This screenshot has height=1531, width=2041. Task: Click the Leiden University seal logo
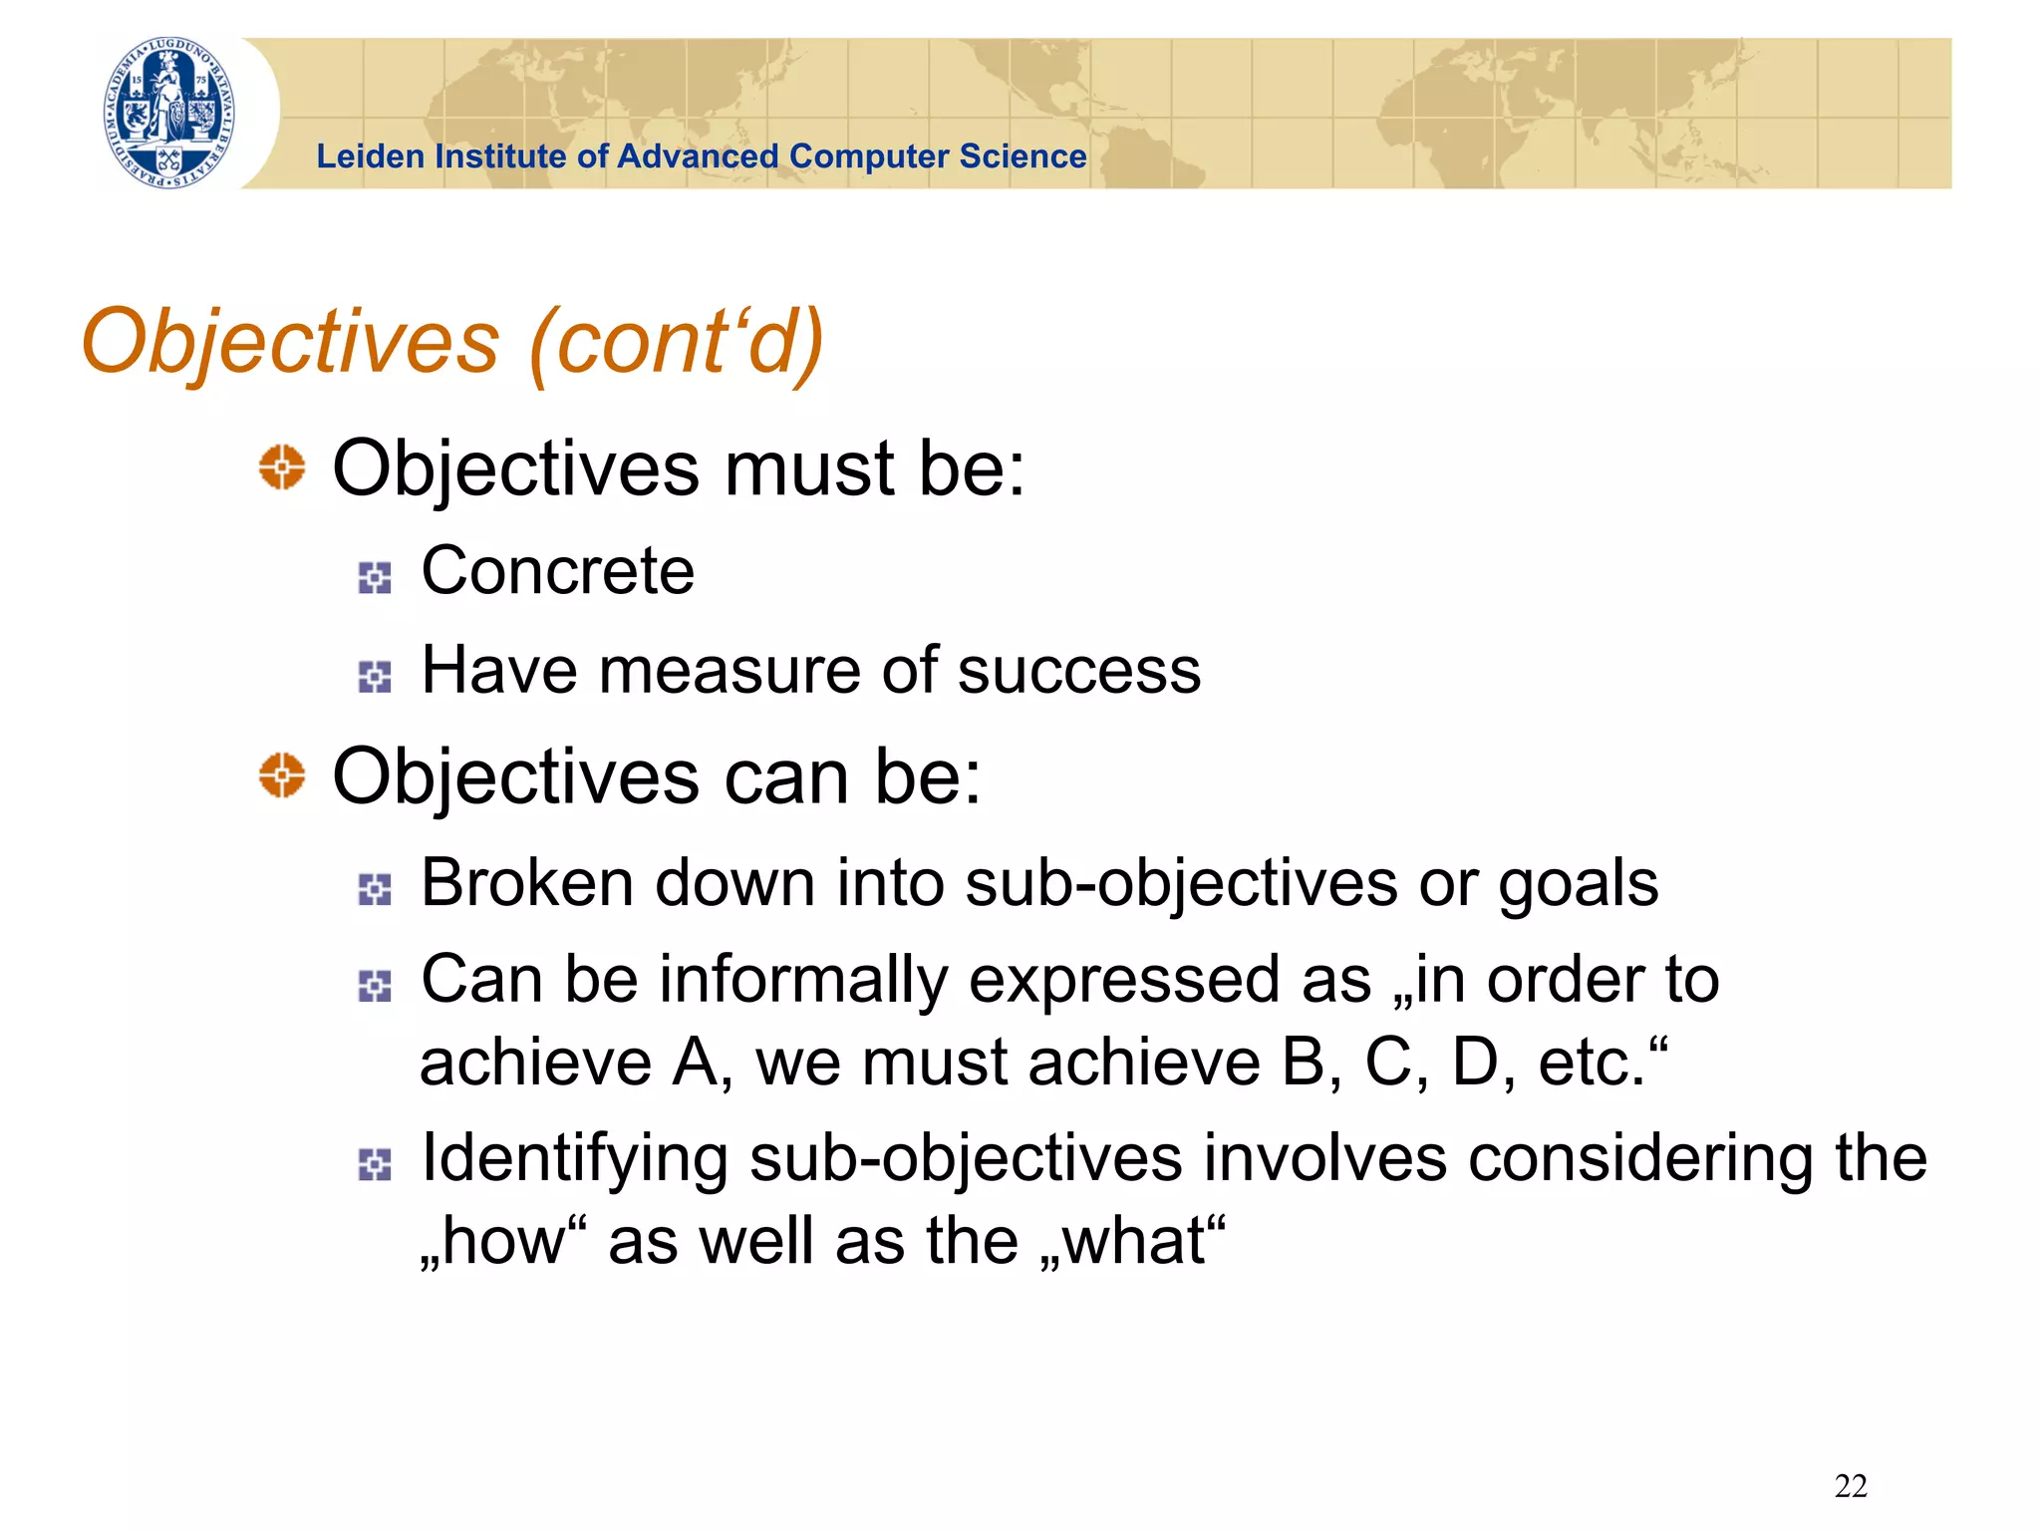tap(169, 113)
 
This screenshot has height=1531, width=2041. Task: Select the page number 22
tap(1850, 1486)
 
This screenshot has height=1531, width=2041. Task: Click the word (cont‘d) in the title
tap(677, 342)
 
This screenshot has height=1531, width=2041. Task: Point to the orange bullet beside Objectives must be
tap(282, 466)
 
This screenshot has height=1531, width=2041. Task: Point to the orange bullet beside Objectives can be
tap(282, 775)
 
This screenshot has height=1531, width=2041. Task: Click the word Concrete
tap(557, 571)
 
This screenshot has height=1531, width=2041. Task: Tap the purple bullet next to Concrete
tap(375, 577)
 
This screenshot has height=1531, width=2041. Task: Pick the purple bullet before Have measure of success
tap(375, 677)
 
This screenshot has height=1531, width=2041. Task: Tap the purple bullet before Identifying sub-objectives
tap(375, 1164)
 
